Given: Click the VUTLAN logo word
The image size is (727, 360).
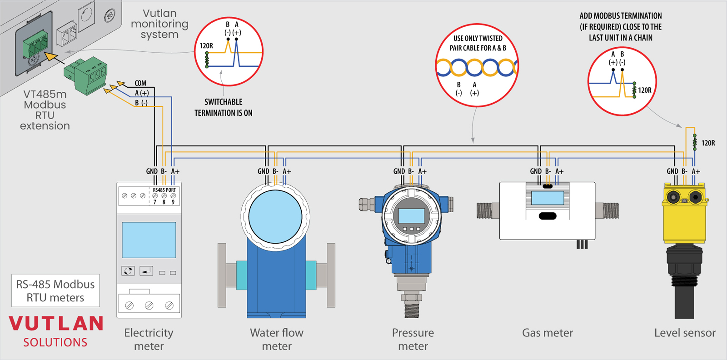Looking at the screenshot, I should [x=56, y=323].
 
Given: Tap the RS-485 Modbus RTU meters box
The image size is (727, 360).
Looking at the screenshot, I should [x=55, y=291].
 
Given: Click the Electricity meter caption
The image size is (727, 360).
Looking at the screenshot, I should [x=149, y=339].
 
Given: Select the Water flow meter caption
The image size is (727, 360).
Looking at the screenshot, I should [x=277, y=339].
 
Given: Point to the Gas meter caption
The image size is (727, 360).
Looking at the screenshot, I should [x=548, y=333].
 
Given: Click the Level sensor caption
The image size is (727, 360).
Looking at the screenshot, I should [x=685, y=333].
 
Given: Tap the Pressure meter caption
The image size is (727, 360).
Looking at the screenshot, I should [x=413, y=339].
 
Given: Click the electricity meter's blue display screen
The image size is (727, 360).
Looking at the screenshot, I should [x=149, y=240].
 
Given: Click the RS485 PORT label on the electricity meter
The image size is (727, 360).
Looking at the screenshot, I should [x=164, y=190].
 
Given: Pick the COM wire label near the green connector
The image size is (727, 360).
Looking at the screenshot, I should [x=140, y=83].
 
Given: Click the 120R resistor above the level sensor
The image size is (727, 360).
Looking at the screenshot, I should [x=694, y=142].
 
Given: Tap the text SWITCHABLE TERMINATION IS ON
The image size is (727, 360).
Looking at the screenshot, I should [x=223, y=107].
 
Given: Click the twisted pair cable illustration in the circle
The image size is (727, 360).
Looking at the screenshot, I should [x=476, y=68].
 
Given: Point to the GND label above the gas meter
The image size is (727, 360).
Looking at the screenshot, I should [x=536, y=171].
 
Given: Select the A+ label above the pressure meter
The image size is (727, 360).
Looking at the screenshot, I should [x=423, y=171].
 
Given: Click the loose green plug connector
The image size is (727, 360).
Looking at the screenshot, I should [x=86, y=75].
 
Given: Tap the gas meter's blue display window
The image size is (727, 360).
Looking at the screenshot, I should [x=548, y=198].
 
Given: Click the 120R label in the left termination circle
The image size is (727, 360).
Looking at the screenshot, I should [x=206, y=46].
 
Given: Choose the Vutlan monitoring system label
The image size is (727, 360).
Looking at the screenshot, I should [x=159, y=24].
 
